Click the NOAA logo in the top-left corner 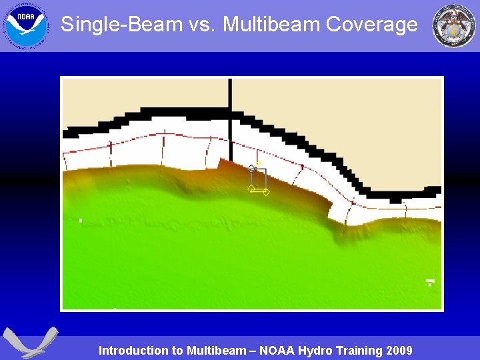pos(27,25)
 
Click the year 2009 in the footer pos(398,351)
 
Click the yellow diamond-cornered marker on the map pos(258,180)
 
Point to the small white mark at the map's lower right pos(431,283)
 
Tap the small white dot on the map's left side pos(81,220)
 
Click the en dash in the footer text pos(253,351)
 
